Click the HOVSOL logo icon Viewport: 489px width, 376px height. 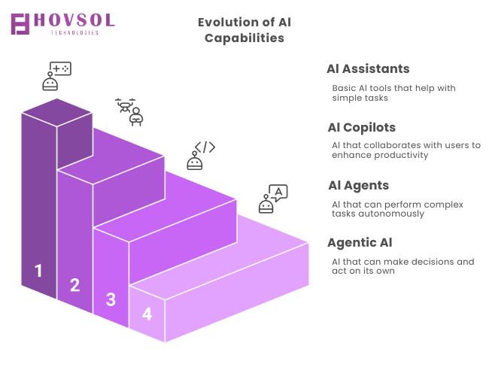(x=20, y=24)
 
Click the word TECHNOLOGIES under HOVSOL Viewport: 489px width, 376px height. (x=74, y=32)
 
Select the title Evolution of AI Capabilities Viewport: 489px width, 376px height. (x=244, y=30)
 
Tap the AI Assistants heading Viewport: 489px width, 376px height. (x=368, y=68)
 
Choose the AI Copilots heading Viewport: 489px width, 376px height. (x=361, y=128)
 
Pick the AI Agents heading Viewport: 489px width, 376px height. (x=359, y=185)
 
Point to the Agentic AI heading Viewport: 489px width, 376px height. (x=360, y=243)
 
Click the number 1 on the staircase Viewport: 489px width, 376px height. (x=38, y=270)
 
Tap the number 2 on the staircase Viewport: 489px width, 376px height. (x=74, y=285)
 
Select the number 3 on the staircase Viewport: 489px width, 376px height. (x=111, y=299)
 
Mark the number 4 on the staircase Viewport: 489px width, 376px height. (x=147, y=314)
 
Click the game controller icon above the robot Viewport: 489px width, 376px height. (x=60, y=68)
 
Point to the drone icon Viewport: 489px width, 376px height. (x=125, y=105)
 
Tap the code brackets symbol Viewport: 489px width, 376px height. (x=205, y=147)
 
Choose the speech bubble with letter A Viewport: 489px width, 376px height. (x=278, y=193)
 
